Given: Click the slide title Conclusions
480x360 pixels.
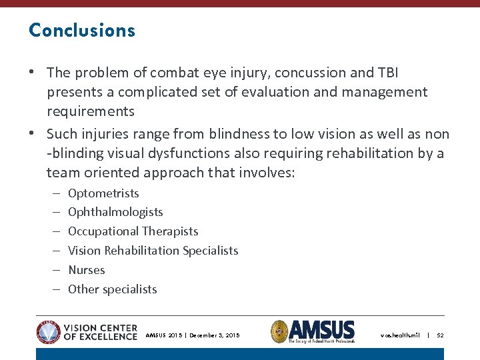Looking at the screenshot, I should point(82,31).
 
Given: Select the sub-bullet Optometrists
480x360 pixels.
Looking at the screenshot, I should point(103,193).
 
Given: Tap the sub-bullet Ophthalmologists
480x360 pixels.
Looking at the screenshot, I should point(115,212).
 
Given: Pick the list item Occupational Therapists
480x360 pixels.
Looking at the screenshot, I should point(133,231).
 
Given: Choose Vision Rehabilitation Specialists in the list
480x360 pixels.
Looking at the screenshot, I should point(153,251).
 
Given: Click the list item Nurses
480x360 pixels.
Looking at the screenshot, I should point(87,270).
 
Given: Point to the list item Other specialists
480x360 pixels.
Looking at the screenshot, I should point(112,289).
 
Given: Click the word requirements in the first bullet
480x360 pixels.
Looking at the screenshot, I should point(90,111).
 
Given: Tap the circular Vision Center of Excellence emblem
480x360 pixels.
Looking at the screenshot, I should point(49,332).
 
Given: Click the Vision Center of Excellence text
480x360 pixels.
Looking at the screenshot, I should point(101,332).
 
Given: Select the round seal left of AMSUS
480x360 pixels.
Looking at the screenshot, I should point(279,331).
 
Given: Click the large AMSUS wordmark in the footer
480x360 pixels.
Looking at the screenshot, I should point(323,329).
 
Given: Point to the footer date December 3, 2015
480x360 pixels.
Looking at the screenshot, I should point(215,335).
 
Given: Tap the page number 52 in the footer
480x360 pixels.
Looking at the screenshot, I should point(440,335).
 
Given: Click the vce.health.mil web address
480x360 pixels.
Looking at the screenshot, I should point(400,335).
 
